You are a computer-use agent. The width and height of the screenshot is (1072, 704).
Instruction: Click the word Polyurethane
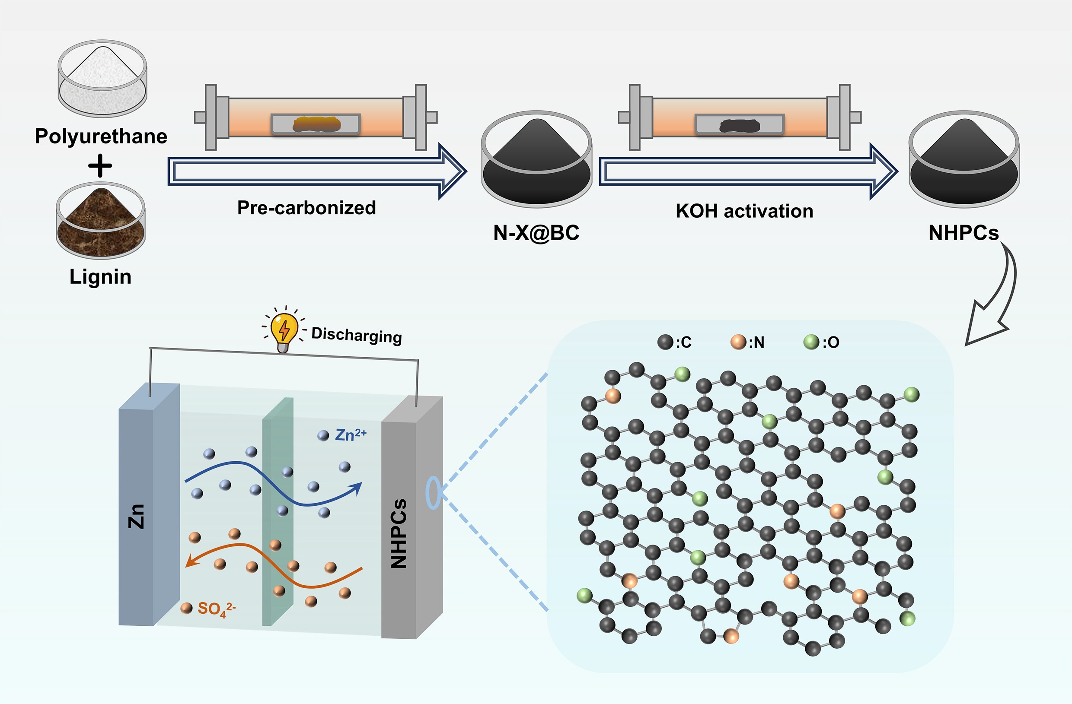pyautogui.click(x=101, y=136)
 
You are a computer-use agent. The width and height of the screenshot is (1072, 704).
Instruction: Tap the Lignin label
pyautogui.click(x=100, y=276)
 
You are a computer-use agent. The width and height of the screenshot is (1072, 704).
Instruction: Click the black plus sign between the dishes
pyautogui.click(x=100, y=166)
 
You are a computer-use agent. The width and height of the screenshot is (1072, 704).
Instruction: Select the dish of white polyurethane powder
pyautogui.click(x=102, y=79)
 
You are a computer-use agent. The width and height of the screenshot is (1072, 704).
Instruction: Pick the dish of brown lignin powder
pyautogui.click(x=101, y=221)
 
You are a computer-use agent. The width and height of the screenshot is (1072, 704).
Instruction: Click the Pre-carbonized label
pyautogui.click(x=306, y=208)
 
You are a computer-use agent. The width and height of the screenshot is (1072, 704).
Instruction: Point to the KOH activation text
pyautogui.click(x=744, y=211)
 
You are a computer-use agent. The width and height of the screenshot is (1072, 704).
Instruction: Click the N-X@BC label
pyautogui.click(x=536, y=233)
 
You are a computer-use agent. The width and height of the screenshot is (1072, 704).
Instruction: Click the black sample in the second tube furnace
pyautogui.click(x=740, y=126)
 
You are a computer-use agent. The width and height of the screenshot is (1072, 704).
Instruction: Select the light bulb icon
pyautogui.click(x=284, y=331)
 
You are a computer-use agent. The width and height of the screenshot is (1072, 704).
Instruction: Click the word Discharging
pyautogui.click(x=356, y=335)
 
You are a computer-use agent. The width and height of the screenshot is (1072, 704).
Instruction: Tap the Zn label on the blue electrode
pyautogui.click(x=137, y=516)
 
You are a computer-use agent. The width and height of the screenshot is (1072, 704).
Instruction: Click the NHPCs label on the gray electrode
pyautogui.click(x=399, y=533)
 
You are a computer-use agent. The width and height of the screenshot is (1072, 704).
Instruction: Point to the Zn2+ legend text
pyautogui.click(x=351, y=435)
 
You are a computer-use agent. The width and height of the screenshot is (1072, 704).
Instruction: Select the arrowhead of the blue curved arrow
pyautogui.click(x=357, y=488)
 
